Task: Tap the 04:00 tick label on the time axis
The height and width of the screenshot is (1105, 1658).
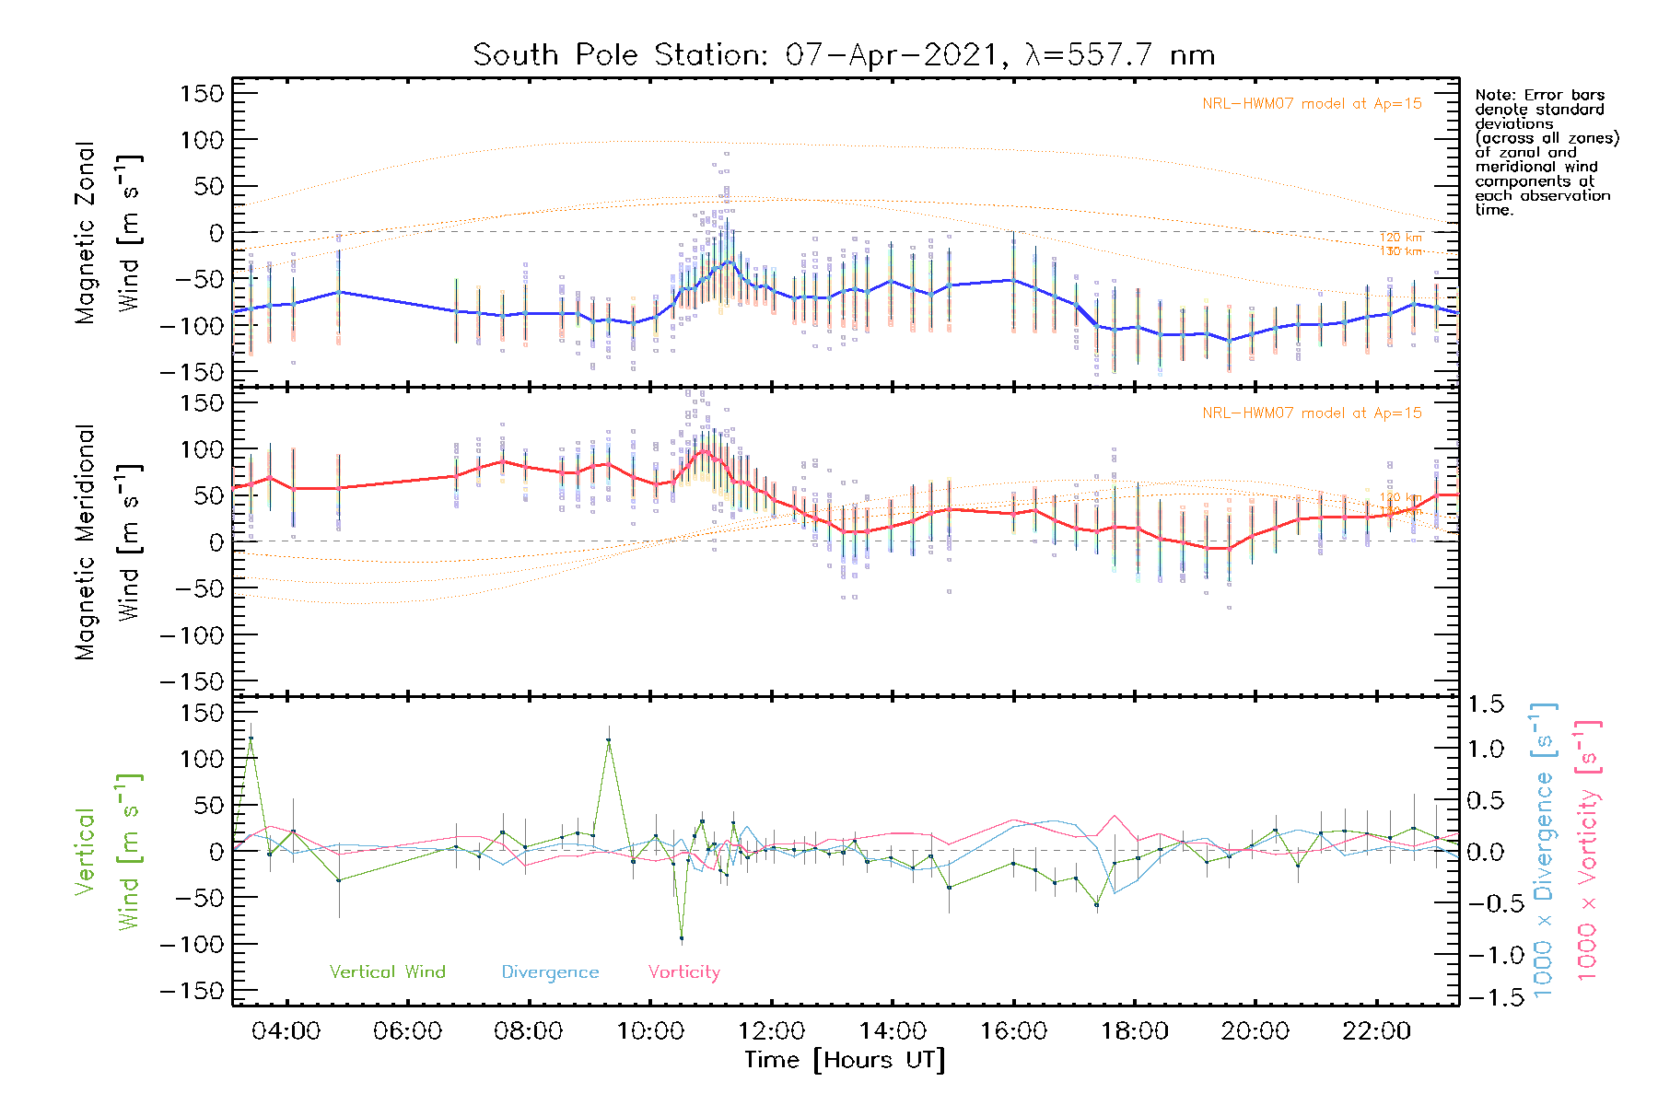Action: tap(286, 1031)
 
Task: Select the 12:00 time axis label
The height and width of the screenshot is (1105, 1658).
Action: tap(771, 1031)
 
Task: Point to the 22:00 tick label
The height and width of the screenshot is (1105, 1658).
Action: tap(1376, 1031)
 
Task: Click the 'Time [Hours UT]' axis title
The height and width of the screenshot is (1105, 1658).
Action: tap(845, 1060)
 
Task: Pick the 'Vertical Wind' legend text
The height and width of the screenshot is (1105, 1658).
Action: tap(387, 972)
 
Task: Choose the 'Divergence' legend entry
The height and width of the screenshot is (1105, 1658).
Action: tap(550, 972)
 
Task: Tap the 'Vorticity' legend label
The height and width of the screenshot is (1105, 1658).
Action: tap(683, 972)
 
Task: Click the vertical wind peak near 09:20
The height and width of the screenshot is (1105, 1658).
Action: tap(608, 740)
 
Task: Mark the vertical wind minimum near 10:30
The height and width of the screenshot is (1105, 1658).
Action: tap(682, 938)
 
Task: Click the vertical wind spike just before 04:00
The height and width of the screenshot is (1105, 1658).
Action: tap(251, 739)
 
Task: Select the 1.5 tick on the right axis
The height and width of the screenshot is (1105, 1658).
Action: tap(1485, 704)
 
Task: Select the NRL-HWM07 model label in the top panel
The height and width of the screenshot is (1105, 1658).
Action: tap(1312, 104)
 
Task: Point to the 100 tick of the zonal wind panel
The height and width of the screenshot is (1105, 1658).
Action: tap(202, 141)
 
